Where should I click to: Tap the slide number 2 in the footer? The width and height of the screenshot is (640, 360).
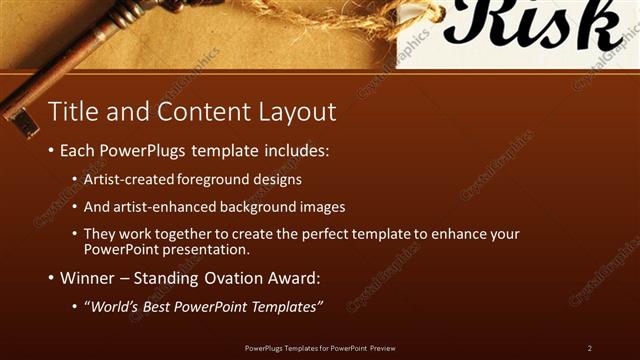tap(590, 347)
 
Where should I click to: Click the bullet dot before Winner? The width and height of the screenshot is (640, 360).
tap(51, 278)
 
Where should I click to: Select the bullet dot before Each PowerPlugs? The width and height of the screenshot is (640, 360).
tap(51, 153)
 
